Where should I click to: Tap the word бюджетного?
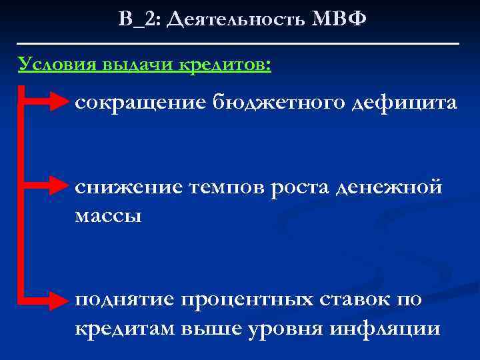(275, 103)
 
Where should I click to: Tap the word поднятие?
(124, 300)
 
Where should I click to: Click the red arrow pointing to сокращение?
(47, 103)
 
